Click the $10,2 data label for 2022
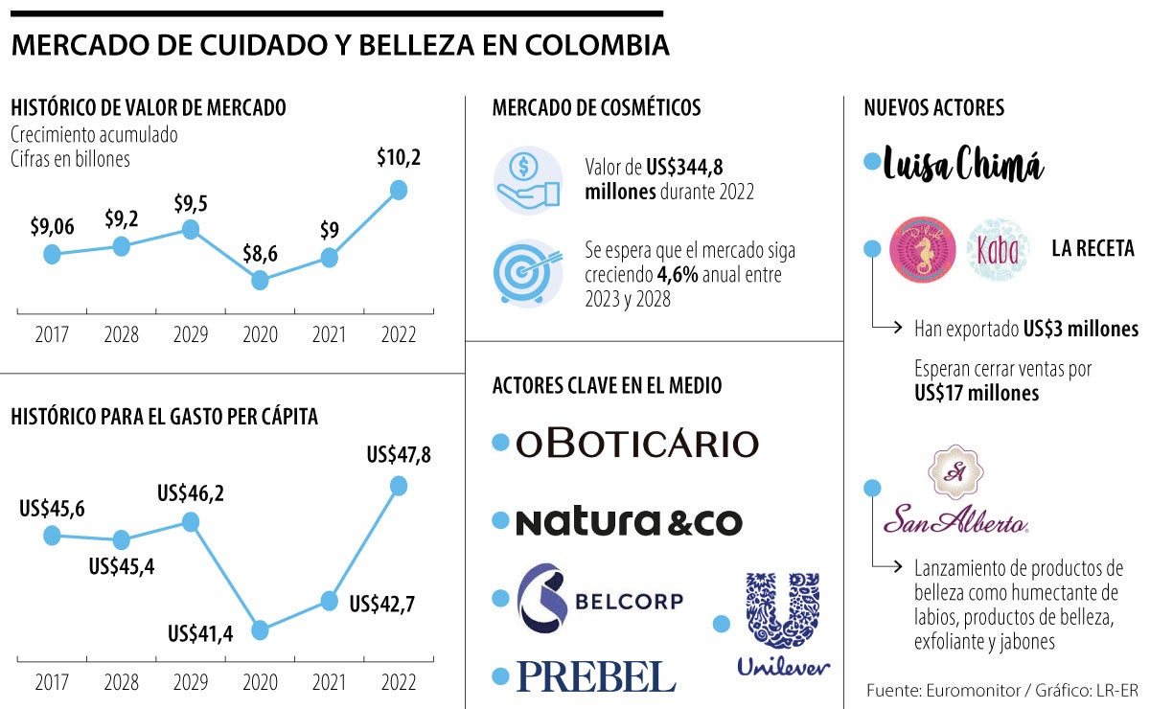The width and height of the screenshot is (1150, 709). [399, 158]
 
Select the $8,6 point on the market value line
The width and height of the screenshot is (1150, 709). [260, 280]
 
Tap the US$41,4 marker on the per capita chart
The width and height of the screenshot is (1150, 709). [260, 629]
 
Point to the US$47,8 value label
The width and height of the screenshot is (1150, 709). [399, 454]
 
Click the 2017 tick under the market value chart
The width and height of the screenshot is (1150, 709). [52, 335]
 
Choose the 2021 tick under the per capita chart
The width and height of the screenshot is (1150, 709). [329, 682]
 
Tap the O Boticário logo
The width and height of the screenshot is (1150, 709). [636, 443]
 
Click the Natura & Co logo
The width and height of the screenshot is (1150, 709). [629, 522]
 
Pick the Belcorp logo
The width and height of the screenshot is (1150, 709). [601, 600]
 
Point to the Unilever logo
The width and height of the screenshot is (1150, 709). [783, 624]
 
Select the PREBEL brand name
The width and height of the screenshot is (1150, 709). [596, 676]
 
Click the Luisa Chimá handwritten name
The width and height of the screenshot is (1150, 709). [963, 163]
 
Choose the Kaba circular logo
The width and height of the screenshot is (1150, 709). [999, 249]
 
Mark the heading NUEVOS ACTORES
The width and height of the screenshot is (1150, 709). [933, 107]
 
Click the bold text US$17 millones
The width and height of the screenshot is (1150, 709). [977, 393]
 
